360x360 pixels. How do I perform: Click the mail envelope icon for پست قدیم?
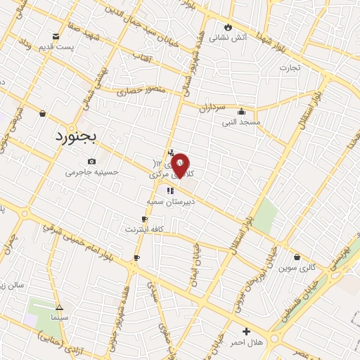(x=56, y=37)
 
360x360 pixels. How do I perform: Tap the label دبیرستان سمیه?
(x=169, y=201)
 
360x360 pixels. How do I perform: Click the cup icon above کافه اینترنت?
(x=144, y=219)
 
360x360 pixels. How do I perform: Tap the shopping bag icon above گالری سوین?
(x=297, y=257)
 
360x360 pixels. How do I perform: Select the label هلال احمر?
(x=246, y=342)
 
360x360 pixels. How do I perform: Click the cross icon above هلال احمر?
(x=246, y=331)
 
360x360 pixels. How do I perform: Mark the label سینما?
(x=59, y=318)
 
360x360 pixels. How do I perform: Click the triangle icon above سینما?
(x=59, y=307)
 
